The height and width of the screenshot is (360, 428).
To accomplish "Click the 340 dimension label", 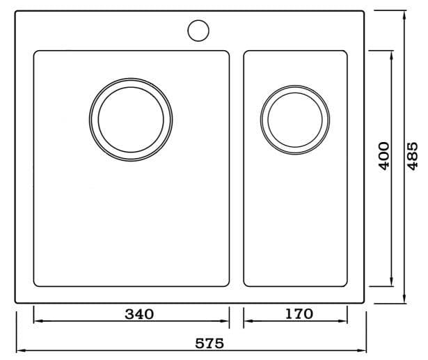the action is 139,314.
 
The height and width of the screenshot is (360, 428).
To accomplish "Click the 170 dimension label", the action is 299,314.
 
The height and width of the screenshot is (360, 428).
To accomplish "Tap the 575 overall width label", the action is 209,343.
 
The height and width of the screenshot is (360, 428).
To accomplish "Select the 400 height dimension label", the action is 384,156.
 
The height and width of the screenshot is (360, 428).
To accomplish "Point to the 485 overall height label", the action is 413,156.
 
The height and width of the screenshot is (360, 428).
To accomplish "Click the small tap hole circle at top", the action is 198,31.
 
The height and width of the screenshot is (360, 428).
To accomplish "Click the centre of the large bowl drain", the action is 131,120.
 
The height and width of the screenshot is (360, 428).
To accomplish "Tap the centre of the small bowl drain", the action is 295,120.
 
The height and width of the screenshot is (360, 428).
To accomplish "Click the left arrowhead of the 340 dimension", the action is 38,321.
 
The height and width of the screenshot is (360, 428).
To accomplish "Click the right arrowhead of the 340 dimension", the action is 225,321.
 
